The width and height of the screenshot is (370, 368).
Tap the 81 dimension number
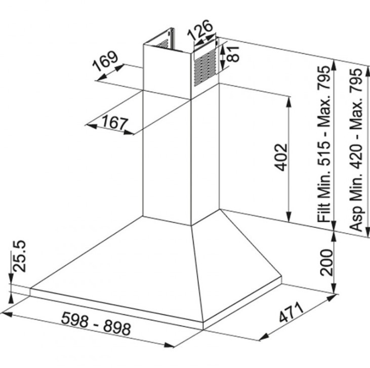point(232,54)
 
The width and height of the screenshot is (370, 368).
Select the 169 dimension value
point(105,61)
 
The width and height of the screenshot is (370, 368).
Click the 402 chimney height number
point(281,157)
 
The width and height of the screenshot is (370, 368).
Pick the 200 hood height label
point(326,262)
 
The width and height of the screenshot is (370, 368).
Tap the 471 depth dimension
point(291,312)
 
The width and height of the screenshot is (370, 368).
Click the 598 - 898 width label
point(96,323)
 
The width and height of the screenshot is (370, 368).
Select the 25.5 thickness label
point(19,256)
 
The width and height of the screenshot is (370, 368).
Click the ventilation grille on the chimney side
point(205,68)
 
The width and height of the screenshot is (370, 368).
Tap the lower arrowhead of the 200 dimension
point(334,289)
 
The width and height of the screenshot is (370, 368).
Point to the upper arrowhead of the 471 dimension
point(330,298)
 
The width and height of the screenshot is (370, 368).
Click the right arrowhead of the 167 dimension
point(129,133)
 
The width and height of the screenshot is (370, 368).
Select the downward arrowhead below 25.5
point(11,278)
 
